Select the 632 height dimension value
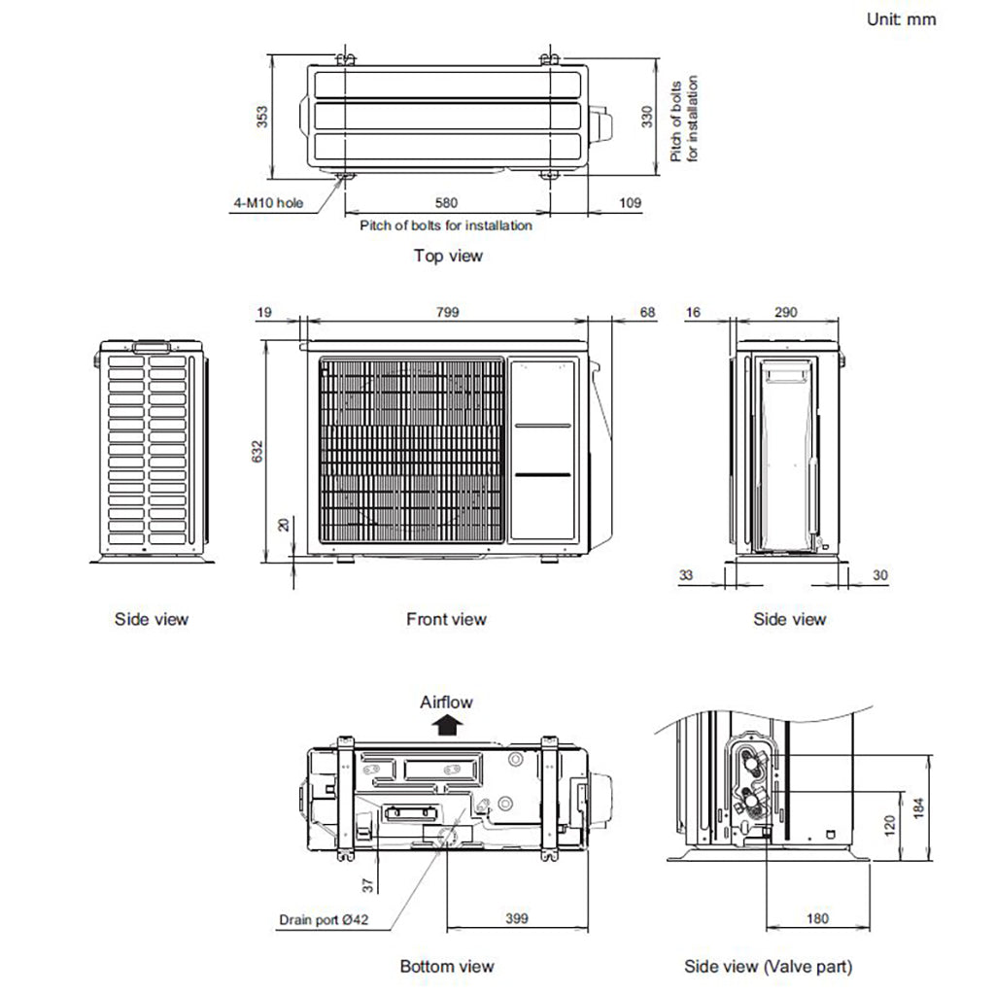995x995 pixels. (x=257, y=451)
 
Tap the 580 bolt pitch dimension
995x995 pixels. (x=446, y=203)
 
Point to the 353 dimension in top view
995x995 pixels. (x=259, y=117)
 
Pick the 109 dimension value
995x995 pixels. (x=631, y=203)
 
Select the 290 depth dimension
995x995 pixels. (x=786, y=312)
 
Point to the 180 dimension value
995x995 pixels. (x=818, y=918)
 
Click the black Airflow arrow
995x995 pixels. (x=446, y=724)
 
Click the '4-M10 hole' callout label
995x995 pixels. (x=268, y=203)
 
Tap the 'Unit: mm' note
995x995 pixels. (x=901, y=18)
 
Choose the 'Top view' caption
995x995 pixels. (x=448, y=256)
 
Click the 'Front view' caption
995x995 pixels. (x=446, y=619)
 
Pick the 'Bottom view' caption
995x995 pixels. (x=446, y=966)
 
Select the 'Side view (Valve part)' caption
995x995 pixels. (x=768, y=966)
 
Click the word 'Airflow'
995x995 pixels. (x=446, y=702)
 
